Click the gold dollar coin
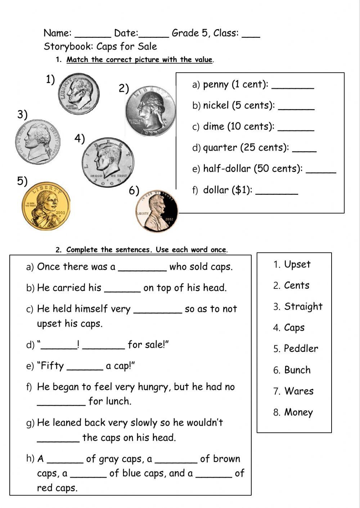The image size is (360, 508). click(x=46, y=209)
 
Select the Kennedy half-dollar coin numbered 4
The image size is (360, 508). click(x=107, y=162)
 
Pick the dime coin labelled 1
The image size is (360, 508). click(x=78, y=94)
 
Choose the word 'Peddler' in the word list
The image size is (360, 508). click(x=301, y=349)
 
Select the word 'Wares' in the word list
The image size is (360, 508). click(x=299, y=391)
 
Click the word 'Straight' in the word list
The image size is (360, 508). click(x=303, y=307)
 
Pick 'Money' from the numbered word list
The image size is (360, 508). click(x=298, y=413)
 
